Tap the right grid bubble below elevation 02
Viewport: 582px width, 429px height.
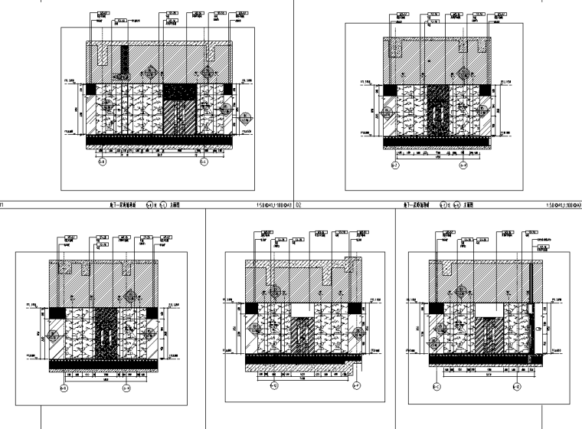click(x=463, y=164)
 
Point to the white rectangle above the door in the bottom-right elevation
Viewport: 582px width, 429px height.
click(x=489, y=309)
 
